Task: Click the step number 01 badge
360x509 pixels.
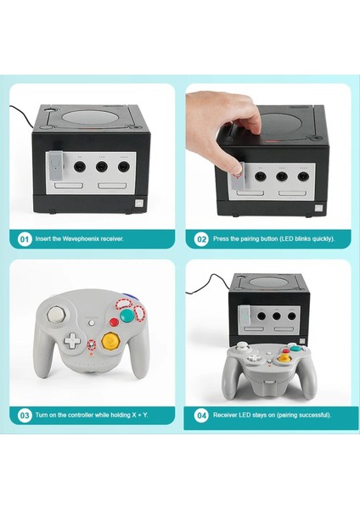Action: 24,239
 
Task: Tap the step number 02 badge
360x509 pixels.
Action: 201,239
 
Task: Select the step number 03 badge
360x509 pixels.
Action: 24,416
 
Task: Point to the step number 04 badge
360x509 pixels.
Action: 201,416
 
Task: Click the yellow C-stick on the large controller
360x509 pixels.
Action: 110,340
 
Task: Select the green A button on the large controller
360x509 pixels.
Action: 127,315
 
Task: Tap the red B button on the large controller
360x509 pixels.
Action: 114,322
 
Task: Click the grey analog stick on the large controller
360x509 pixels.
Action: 56,312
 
